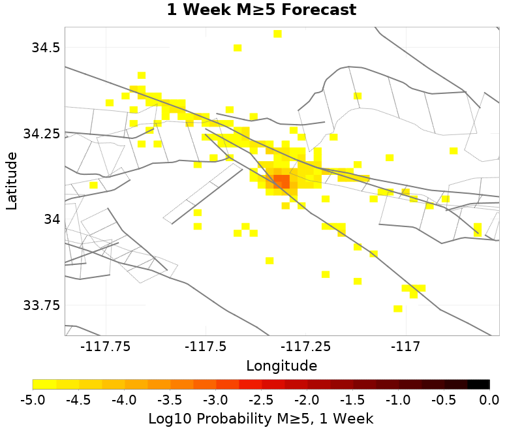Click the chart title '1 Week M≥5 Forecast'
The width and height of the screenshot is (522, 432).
261,10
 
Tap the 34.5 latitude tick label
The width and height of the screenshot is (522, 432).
46,48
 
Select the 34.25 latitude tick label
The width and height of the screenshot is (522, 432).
41,133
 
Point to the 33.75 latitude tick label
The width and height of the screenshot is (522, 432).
41,305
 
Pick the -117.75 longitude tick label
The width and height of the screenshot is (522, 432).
106,346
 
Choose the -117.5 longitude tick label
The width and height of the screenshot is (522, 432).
207,346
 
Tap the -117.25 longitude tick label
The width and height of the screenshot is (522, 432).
307,346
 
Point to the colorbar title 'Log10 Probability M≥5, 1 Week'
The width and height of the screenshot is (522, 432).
261,418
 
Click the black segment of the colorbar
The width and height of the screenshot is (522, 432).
478,384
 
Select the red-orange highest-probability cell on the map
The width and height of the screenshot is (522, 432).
281,181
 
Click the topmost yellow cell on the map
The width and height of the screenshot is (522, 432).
277,34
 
